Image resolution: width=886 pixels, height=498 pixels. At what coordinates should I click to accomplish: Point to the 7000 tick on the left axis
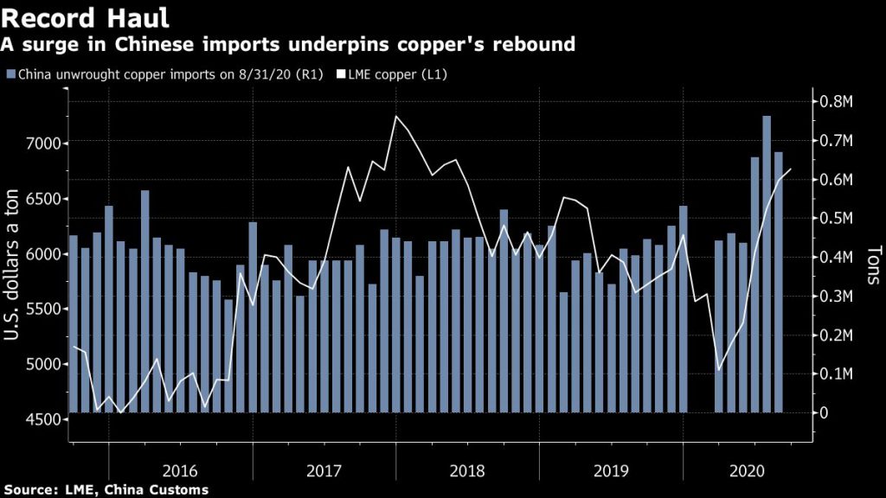(x=42, y=144)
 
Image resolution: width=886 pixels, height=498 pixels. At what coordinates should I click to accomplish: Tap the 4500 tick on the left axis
(x=42, y=420)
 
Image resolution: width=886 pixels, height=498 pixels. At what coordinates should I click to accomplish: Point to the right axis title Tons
(x=872, y=263)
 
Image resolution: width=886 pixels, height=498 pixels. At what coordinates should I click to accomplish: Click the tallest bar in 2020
(x=767, y=259)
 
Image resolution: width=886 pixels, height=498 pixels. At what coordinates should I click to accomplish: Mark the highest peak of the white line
(x=395, y=116)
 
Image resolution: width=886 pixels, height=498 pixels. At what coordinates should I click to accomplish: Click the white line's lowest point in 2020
(x=719, y=370)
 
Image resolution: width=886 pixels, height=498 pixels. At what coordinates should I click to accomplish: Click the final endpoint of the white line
(x=791, y=169)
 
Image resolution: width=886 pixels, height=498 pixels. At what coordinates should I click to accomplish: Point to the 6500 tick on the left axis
(x=42, y=199)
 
